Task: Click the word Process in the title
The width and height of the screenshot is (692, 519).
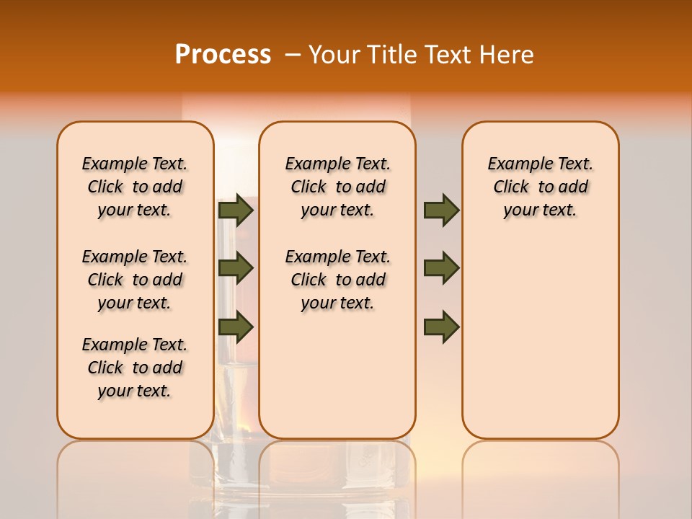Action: pyautogui.click(x=223, y=55)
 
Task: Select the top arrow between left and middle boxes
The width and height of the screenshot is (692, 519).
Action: pyautogui.click(x=236, y=210)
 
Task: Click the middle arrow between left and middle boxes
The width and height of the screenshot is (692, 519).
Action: pyautogui.click(x=236, y=268)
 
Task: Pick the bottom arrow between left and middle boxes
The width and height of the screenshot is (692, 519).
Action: pyautogui.click(x=236, y=327)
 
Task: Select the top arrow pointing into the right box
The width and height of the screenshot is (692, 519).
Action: pyautogui.click(x=441, y=210)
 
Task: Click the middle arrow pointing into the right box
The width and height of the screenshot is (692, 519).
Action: pyautogui.click(x=441, y=268)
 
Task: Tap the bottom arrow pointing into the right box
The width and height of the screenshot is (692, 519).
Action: pyautogui.click(x=441, y=327)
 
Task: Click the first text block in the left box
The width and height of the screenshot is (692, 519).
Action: pyautogui.click(x=135, y=187)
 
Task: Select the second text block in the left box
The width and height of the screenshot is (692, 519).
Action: pyautogui.click(x=135, y=280)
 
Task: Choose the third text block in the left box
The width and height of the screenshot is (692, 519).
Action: pyautogui.click(x=135, y=368)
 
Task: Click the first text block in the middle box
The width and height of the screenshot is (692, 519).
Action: pyautogui.click(x=337, y=187)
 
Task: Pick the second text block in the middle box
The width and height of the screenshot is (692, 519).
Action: pyautogui.click(x=337, y=280)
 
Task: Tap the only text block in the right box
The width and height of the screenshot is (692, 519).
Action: pyautogui.click(x=541, y=187)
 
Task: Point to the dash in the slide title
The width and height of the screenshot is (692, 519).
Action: pyautogui.click(x=293, y=55)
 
